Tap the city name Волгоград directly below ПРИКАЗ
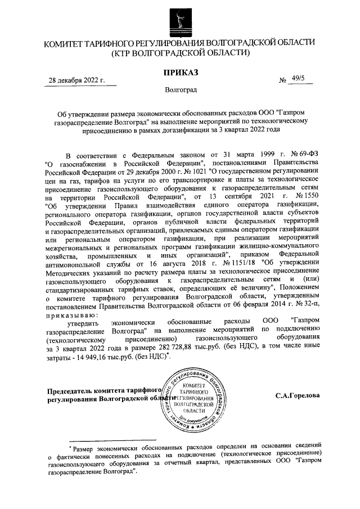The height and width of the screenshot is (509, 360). [181, 90]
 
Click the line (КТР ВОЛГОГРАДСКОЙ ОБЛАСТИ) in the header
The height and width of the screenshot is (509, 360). [180, 53]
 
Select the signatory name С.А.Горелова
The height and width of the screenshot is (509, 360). [298, 395]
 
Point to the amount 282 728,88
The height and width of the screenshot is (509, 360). [178, 348]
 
